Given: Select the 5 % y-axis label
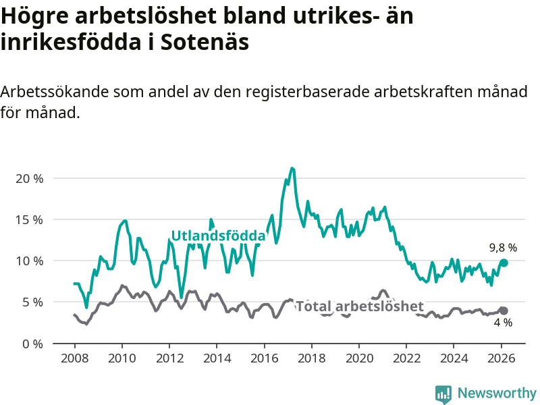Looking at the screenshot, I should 32,302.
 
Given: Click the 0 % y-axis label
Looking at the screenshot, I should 32,343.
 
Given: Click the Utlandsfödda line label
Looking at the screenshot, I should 218,236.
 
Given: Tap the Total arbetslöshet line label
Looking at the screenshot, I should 360,306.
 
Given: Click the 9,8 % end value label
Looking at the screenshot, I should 503,248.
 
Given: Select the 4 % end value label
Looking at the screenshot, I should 503,323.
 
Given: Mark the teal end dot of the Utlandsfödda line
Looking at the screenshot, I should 504,263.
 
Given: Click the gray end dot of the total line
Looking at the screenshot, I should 504,310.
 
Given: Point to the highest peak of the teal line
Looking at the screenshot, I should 292,168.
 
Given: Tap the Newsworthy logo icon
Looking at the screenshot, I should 443,393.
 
